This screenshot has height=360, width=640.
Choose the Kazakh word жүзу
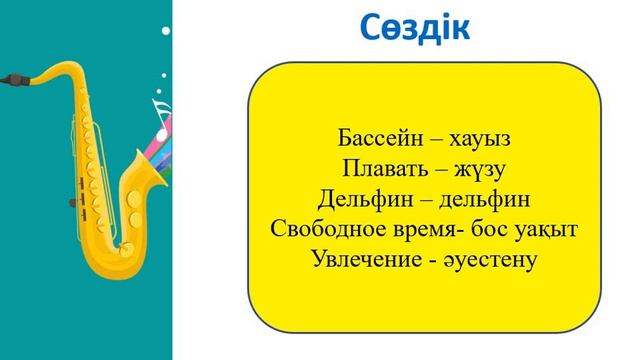pos(480,166)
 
